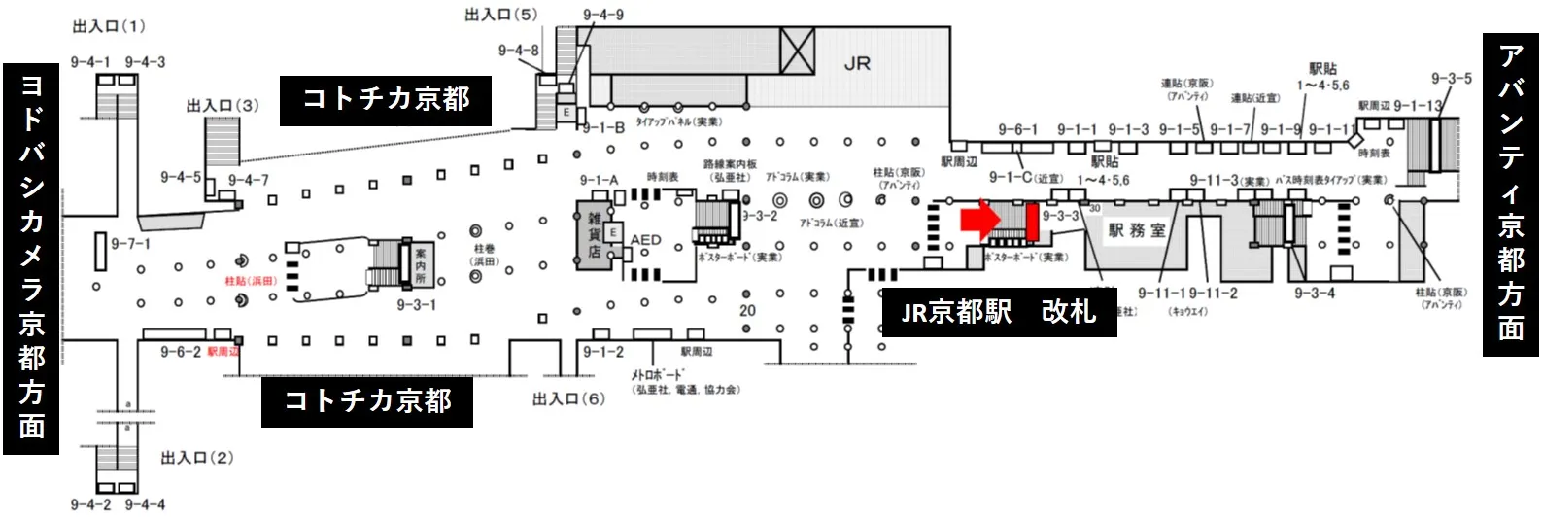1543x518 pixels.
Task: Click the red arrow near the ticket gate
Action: tap(979, 220)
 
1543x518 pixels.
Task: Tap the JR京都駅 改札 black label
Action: tap(999, 312)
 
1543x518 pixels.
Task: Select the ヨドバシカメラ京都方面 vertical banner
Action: tap(31, 258)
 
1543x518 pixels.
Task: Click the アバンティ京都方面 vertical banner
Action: tap(1510, 193)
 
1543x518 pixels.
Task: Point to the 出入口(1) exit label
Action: tap(109, 26)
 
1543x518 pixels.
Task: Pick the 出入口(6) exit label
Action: tap(568, 398)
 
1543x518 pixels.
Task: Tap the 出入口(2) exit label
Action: tap(197, 457)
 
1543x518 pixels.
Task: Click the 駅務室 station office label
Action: tap(1136, 230)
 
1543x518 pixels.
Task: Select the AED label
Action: tap(645, 239)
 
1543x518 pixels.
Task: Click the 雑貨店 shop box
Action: tap(593, 235)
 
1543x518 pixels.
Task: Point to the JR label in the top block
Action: tap(857, 64)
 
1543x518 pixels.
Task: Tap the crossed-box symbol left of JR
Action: tap(798, 51)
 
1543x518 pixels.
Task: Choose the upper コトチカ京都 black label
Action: tap(386, 99)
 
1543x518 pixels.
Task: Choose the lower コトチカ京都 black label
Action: tap(366, 400)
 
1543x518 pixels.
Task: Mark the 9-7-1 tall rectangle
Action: tap(100, 251)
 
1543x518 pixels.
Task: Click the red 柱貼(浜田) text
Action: tap(251, 281)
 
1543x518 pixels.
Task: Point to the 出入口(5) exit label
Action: tap(500, 15)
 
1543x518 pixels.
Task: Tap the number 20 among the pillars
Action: tap(747, 311)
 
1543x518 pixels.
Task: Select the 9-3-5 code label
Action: tap(1451, 79)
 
